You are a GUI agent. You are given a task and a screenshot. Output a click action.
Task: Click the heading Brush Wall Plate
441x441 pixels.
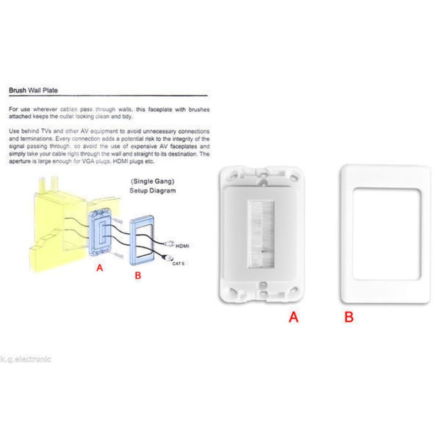[33, 90]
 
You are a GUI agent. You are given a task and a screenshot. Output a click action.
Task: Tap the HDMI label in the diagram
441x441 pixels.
[182, 246]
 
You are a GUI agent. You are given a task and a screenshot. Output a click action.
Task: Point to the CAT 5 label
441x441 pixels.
[178, 263]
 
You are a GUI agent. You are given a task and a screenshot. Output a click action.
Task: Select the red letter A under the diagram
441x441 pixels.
[100, 267]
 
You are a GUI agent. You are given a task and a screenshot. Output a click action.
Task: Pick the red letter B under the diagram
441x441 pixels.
[138, 275]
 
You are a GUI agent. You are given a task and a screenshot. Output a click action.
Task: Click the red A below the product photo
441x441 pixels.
[293, 317]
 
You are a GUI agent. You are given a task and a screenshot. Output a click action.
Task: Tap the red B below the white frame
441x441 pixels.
[349, 317]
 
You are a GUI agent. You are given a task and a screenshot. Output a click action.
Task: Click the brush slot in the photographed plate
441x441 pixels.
[261, 234]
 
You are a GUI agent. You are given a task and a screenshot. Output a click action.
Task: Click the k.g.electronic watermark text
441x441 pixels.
[25, 359]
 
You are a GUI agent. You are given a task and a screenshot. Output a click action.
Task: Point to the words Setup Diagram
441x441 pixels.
[153, 191]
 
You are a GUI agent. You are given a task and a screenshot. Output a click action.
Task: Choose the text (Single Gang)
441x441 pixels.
[153, 181]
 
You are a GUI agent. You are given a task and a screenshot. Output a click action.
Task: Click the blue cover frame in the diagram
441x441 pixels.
[132, 240]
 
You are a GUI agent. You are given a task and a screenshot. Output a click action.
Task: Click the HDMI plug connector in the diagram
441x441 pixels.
[169, 244]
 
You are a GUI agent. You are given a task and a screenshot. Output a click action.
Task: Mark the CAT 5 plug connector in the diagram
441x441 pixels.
[168, 257]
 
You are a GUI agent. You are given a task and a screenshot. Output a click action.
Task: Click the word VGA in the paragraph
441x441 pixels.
[88, 162]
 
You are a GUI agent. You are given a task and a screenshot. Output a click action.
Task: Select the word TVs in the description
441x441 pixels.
[46, 131]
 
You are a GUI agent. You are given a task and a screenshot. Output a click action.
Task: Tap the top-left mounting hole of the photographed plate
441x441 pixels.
[233, 176]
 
